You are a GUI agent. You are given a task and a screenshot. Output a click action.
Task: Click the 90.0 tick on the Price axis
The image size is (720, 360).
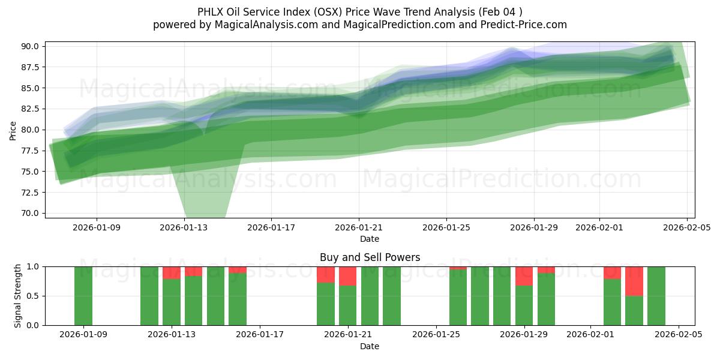(x=30, y=46)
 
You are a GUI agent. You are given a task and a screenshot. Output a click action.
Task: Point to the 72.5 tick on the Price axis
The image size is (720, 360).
(x=30, y=192)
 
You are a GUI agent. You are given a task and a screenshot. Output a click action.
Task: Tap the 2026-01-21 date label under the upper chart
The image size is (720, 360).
(x=359, y=228)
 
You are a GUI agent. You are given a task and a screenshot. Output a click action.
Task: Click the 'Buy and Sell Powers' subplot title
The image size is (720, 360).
(x=370, y=257)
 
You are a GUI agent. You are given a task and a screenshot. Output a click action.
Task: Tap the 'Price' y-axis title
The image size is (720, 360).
(x=13, y=130)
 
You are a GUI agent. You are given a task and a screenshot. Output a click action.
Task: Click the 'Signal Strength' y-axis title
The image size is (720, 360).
(x=18, y=296)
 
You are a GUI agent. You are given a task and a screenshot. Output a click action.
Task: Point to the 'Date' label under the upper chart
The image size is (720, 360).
(x=370, y=239)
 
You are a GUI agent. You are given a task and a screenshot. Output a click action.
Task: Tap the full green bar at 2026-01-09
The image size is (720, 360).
(x=83, y=296)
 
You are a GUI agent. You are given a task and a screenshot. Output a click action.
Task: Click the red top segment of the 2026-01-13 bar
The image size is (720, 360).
(x=172, y=273)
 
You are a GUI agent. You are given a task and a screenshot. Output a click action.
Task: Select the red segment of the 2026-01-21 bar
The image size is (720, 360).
(x=348, y=276)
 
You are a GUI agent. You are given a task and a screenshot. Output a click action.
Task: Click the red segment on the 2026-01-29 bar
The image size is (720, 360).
(x=524, y=276)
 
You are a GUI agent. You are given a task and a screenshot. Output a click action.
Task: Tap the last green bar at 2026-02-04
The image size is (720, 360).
(x=656, y=296)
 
